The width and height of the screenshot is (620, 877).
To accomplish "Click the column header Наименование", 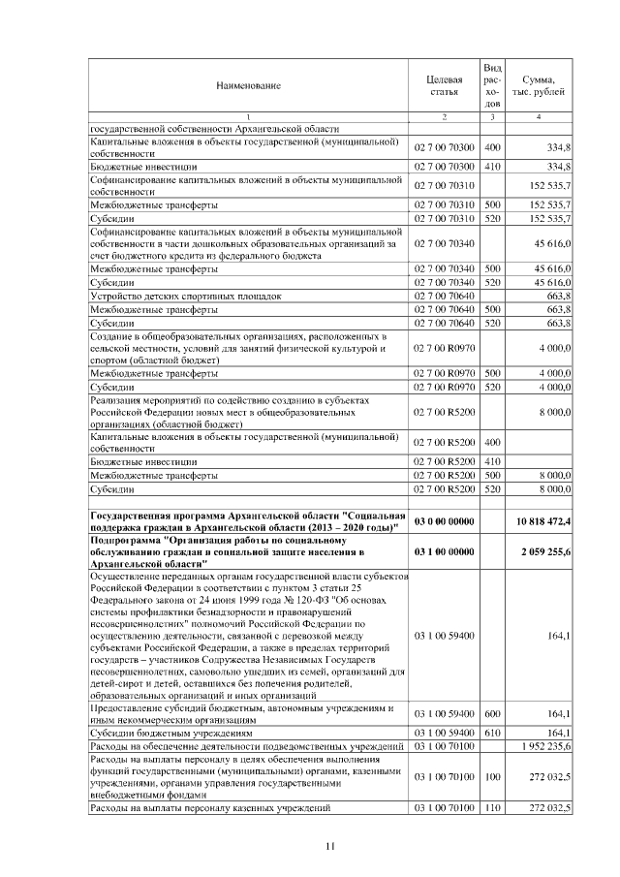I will click(248, 85).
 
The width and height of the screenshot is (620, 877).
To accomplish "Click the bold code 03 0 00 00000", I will click(444, 520).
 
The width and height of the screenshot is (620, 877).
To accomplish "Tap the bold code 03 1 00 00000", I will click(444, 550).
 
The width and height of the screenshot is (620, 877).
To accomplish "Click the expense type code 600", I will click(491, 714).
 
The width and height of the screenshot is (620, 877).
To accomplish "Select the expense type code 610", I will click(491, 734).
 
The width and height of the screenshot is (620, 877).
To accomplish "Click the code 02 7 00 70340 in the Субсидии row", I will click(444, 281).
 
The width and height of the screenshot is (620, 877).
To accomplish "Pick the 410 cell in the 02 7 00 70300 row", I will click(491, 167).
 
